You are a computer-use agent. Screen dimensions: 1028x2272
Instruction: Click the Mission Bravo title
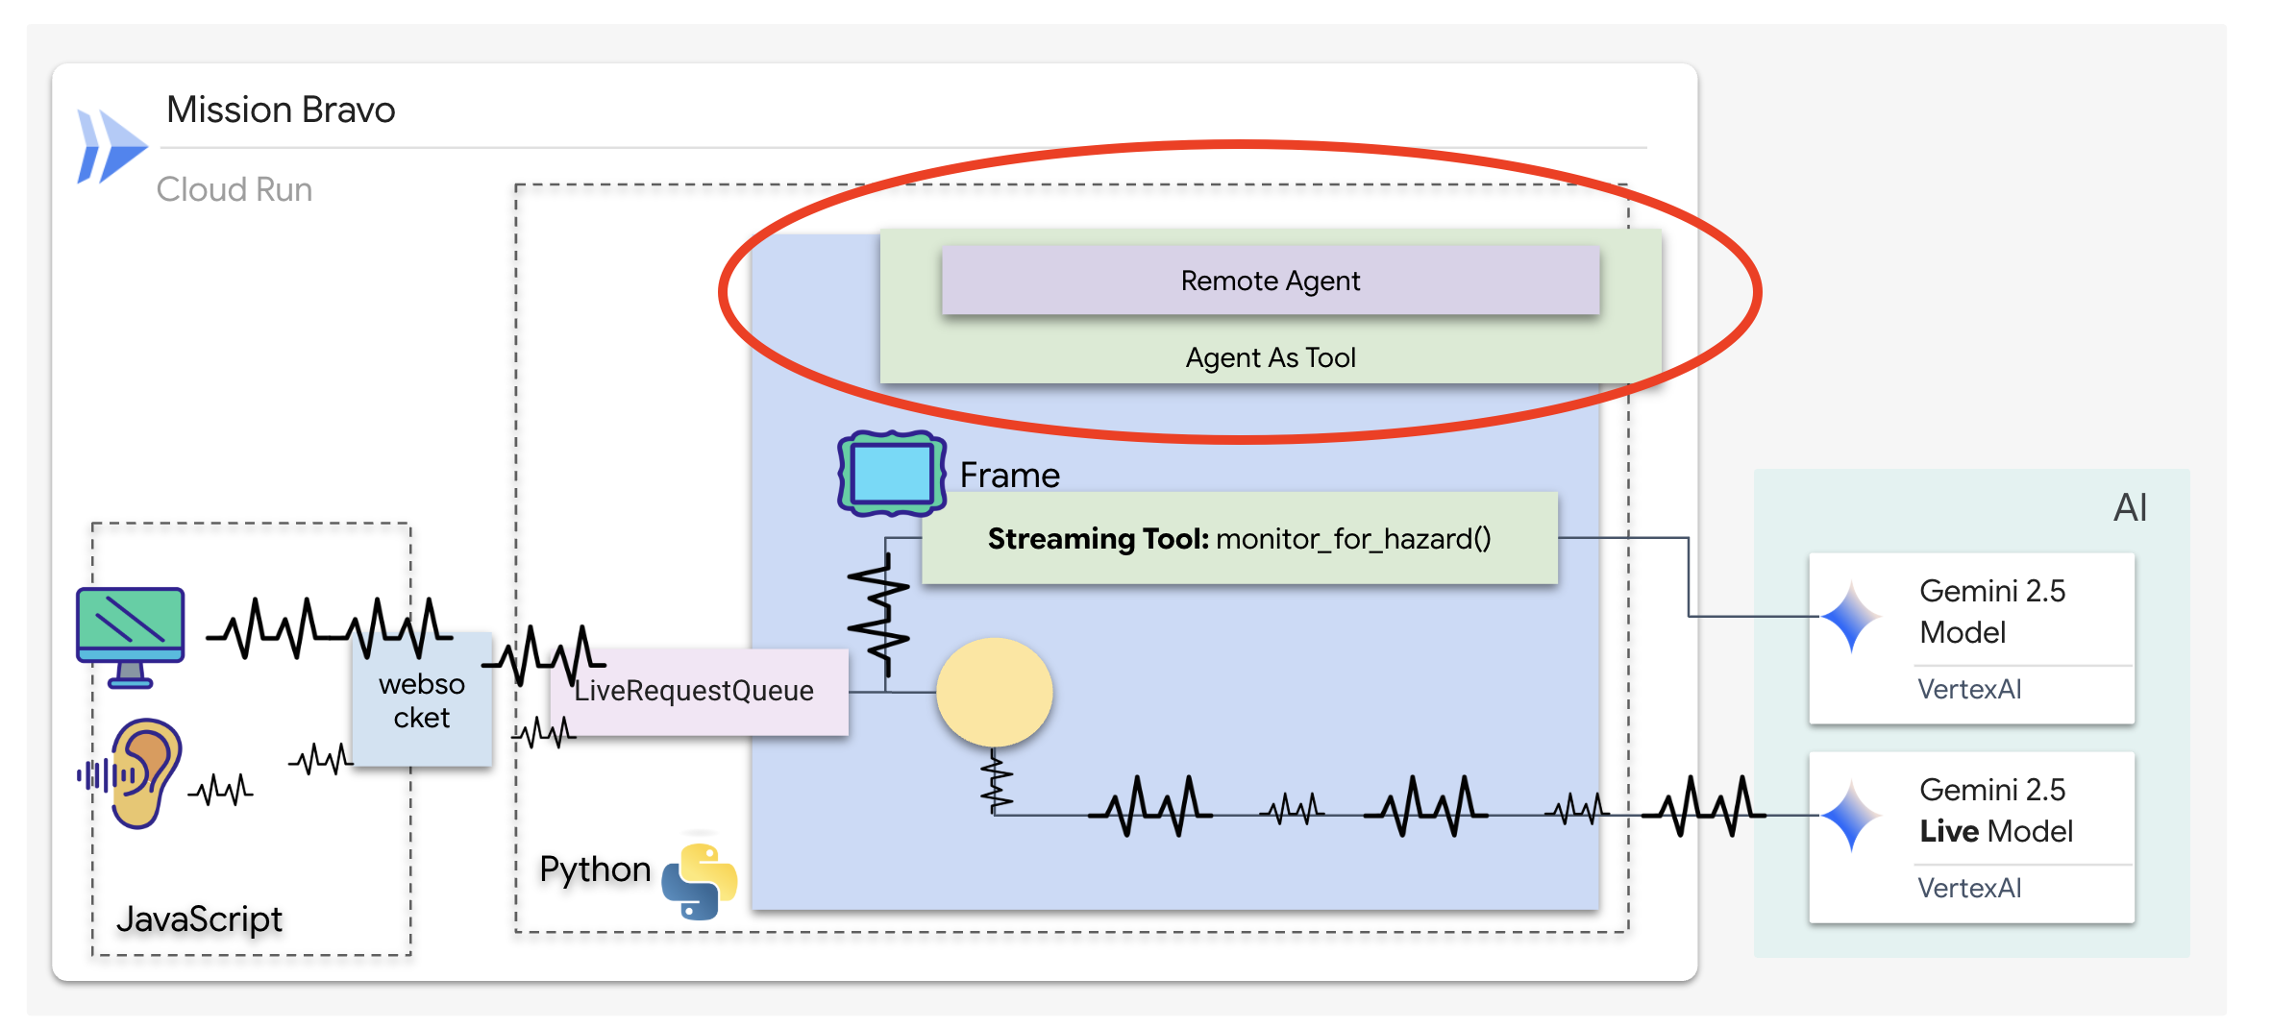point(281,110)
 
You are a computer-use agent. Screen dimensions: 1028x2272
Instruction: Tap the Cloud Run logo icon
point(111,147)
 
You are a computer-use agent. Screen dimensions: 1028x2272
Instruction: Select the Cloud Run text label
point(235,189)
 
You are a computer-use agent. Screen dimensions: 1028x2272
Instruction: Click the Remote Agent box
point(1270,280)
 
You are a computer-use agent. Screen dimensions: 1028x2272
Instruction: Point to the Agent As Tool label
point(1270,357)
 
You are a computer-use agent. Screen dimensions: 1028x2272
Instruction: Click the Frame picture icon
point(891,473)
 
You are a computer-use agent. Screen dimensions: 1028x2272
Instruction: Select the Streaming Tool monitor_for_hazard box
point(1239,538)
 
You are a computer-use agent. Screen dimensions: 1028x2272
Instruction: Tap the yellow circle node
point(994,692)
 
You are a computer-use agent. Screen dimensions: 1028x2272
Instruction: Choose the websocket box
point(422,700)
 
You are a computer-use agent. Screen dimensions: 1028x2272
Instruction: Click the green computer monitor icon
point(131,635)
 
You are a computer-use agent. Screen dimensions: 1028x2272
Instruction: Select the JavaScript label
point(199,918)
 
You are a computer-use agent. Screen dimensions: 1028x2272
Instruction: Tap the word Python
point(595,869)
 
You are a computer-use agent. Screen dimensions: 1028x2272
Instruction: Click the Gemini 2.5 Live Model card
point(1971,836)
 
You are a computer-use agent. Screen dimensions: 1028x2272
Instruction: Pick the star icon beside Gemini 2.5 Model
point(1851,617)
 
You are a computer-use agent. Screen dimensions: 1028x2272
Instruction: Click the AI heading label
point(2130,507)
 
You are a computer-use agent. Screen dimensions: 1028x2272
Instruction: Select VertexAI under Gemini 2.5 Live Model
point(1969,888)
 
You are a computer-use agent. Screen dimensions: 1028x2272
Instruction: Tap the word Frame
point(1009,475)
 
